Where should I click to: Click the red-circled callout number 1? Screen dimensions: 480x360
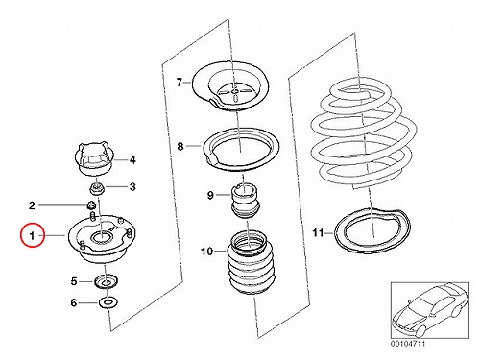click(32, 236)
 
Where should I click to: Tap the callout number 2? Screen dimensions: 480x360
click(32, 205)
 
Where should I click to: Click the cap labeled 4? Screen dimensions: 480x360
click(95, 158)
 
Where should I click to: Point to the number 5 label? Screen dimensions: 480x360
click(74, 281)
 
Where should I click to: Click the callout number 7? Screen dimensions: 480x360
click(180, 83)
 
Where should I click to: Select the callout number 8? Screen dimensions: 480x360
click(180, 147)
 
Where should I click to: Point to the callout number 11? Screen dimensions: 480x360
click(318, 232)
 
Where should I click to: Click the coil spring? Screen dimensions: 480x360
click(363, 133)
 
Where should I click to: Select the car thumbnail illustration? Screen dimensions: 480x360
click(429, 311)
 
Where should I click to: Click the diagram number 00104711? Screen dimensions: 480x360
click(408, 344)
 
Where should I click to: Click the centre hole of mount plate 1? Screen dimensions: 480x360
click(102, 238)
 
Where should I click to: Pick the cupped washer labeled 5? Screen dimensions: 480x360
click(107, 281)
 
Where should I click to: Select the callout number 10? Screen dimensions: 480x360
click(207, 252)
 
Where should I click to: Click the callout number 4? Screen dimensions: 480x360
click(132, 159)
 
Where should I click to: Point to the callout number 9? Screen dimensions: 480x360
click(210, 195)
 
